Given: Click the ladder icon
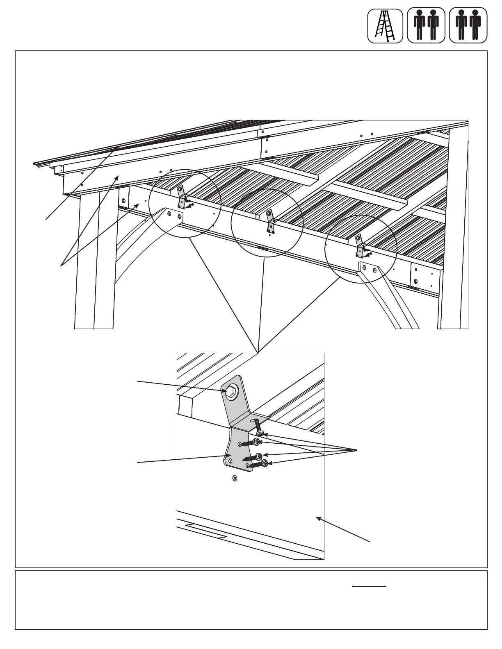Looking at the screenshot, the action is tap(385, 25).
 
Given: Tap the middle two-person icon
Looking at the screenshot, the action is tap(426, 25).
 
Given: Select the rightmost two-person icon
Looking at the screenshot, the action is tap(468, 25).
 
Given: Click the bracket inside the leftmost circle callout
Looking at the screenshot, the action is tap(181, 197).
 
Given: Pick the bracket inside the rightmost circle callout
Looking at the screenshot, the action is tap(360, 245).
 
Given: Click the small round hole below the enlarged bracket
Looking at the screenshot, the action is tap(235, 478).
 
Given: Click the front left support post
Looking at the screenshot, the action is tap(94, 262).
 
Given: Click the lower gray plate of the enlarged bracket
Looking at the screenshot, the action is tap(236, 451).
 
